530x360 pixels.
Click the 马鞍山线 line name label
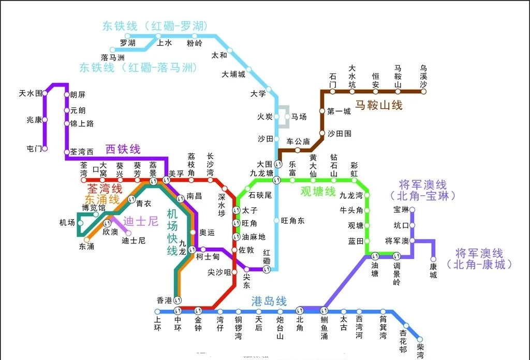[378, 105]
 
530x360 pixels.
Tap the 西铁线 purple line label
[123, 149]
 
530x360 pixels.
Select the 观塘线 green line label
[318, 192]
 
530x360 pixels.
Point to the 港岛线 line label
[269, 301]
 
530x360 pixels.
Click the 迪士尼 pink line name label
[140, 222]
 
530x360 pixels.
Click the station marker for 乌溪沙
[423, 91]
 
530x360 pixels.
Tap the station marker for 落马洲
[113, 50]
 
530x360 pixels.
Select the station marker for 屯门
[45, 149]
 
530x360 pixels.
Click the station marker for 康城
[433, 260]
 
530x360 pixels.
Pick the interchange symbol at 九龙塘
[276, 180]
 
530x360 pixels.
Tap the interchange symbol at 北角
[300, 311]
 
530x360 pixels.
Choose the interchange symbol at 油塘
[375, 255]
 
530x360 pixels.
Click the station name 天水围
[30, 93]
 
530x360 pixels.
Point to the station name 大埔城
[233, 74]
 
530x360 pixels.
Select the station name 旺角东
[293, 221]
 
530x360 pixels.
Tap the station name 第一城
[339, 111]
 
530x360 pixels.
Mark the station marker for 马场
[287, 117]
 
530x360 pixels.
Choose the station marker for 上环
[158, 311]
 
